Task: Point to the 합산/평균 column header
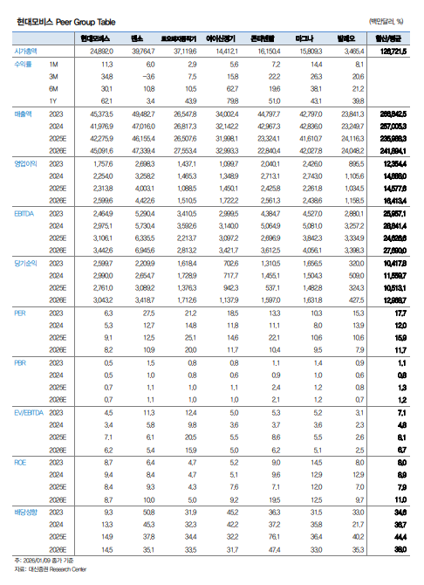click(392, 39)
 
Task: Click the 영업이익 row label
click(24, 164)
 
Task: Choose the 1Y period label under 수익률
click(54, 101)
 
